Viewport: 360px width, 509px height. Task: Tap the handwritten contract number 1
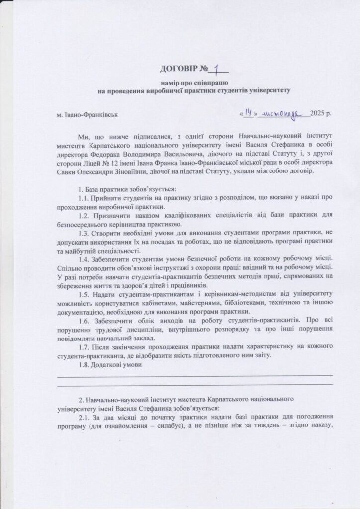click(x=216, y=67)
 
